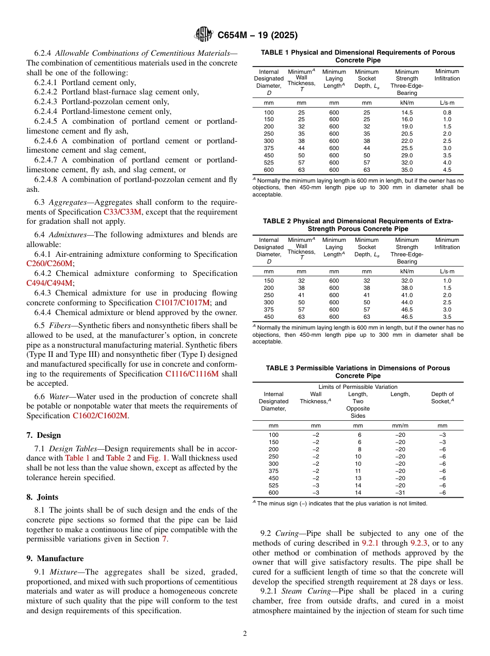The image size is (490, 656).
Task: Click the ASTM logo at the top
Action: (203, 35)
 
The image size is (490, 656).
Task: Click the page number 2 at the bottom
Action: (245, 633)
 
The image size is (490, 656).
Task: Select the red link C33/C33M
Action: (122, 212)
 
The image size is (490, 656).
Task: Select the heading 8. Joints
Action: (42, 497)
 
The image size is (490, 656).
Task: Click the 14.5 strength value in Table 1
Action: (407, 112)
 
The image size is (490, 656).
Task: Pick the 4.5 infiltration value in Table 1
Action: (447, 170)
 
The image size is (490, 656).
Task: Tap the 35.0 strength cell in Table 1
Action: (407, 170)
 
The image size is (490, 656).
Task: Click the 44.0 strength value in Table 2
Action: (407, 302)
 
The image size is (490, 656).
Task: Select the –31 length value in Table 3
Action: (400, 493)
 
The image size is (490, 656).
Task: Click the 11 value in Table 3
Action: (357, 471)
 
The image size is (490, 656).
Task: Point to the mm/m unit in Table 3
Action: (400, 426)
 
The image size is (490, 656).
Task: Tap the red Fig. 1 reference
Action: (156, 458)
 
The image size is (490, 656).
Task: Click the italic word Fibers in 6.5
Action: (60, 326)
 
